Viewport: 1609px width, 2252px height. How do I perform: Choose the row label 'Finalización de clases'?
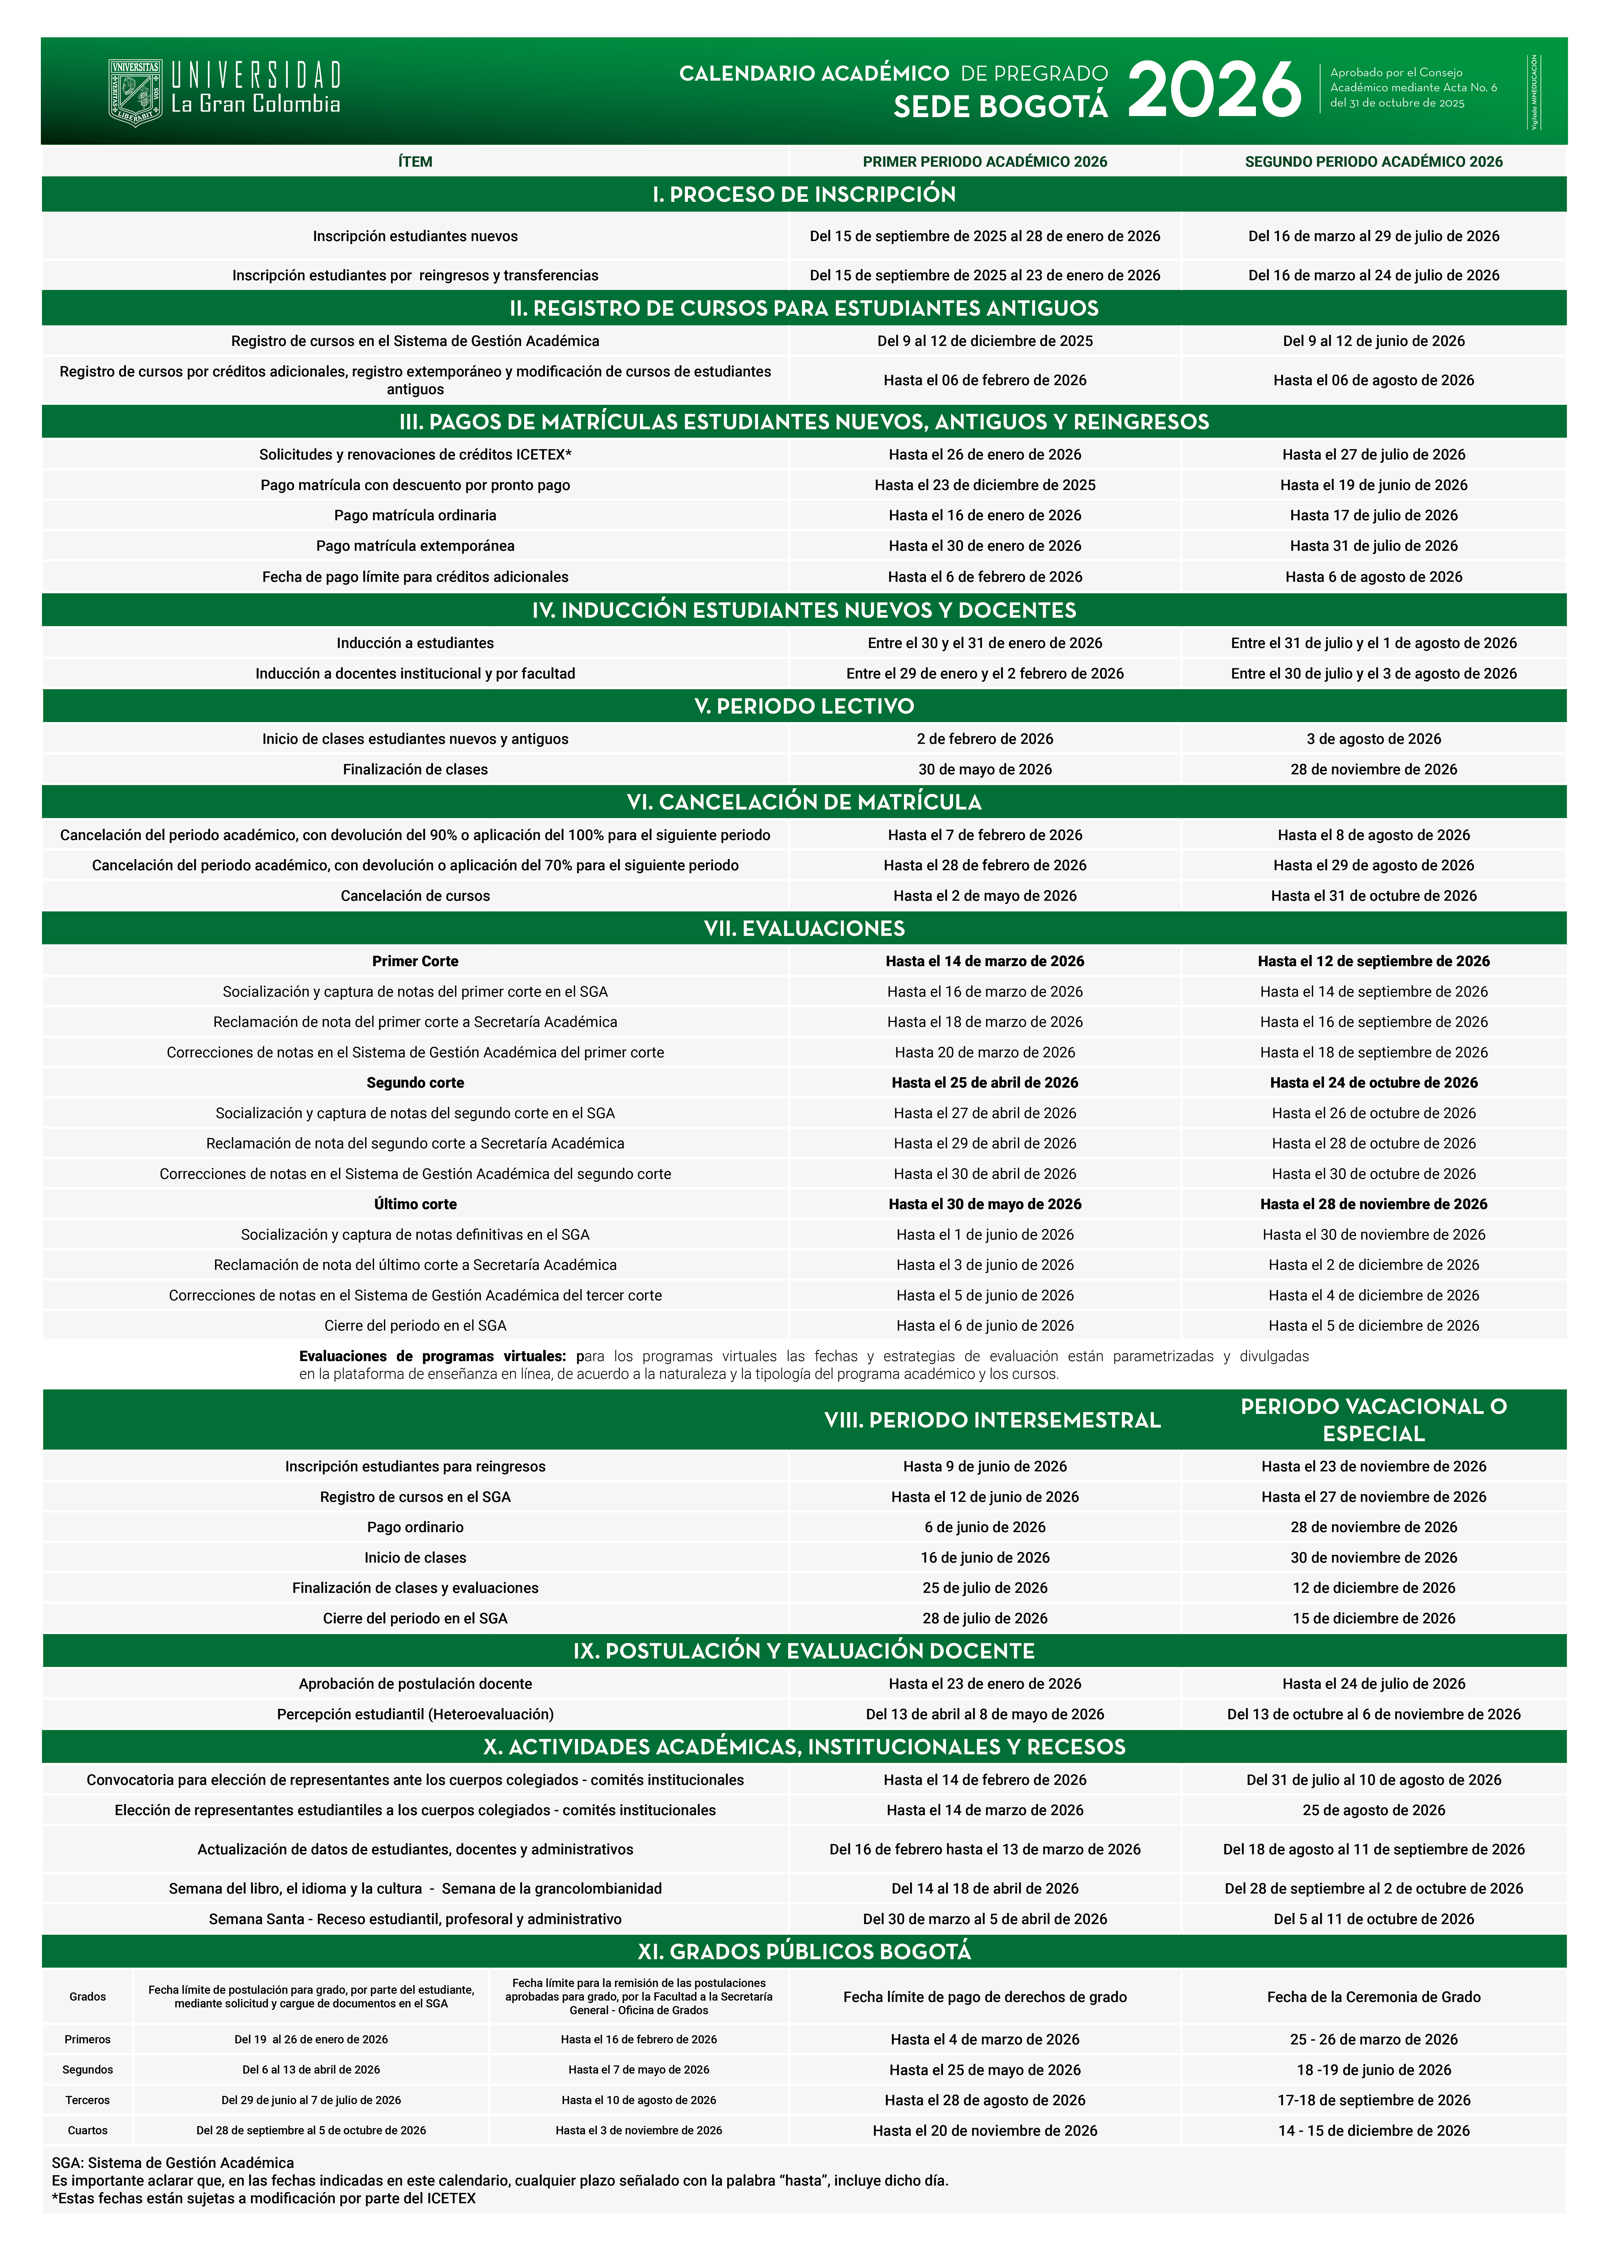tap(415, 769)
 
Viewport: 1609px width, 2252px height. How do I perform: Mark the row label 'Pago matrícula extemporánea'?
tap(415, 546)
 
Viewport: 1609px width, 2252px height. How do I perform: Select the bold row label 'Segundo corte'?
tap(415, 1082)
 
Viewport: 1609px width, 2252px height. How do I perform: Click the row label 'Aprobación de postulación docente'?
tap(415, 1684)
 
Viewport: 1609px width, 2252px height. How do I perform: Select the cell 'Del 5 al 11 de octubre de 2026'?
tap(1373, 1919)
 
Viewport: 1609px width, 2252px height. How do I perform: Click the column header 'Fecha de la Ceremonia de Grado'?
tap(1373, 1997)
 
